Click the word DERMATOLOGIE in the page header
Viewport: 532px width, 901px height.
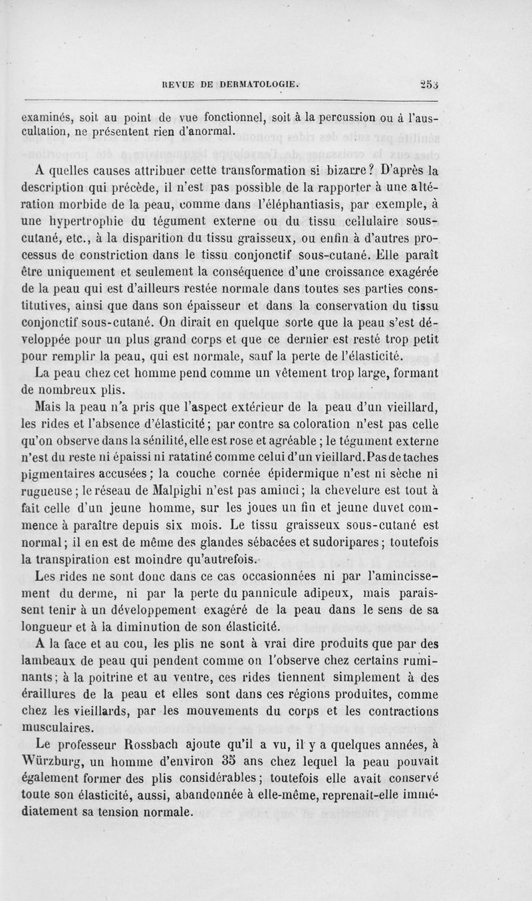tap(258, 85)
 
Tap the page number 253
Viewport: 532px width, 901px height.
tap(430, 84)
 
